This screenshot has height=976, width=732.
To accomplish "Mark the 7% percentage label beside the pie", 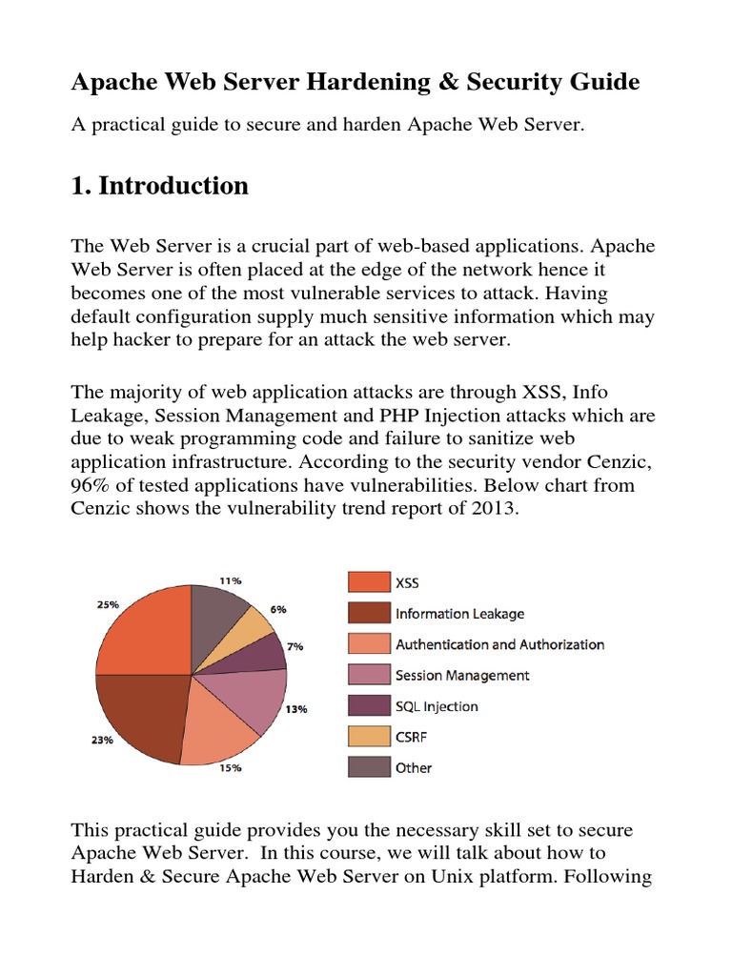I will coord(295,646).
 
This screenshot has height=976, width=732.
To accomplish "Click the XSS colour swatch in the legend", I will coord(368,582).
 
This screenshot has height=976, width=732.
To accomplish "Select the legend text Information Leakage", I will coord(459,614).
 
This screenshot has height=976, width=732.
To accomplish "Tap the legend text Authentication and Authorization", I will coord(499,644).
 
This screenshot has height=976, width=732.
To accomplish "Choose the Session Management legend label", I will coord(462,675).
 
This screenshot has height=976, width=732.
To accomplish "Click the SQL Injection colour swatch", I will coord(368,705).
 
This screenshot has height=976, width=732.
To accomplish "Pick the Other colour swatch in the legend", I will coord(368,767).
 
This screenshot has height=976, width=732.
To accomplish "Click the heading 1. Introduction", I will coord(159,186).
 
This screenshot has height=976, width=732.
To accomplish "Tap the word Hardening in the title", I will coord(354,83).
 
